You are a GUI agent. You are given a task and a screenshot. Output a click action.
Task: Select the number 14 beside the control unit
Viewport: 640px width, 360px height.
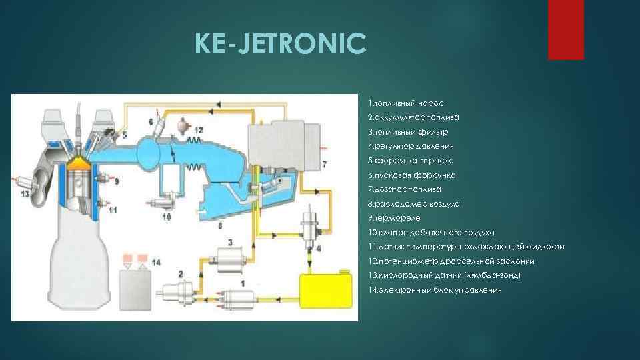click(156, 263)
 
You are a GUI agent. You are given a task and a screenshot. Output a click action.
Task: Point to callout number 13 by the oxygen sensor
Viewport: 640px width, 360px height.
click(25, 194)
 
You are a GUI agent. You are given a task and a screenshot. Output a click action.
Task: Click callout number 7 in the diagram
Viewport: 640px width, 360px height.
click(324, 163)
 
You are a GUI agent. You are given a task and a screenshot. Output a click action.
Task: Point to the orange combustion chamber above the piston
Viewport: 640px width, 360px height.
click(80, 163)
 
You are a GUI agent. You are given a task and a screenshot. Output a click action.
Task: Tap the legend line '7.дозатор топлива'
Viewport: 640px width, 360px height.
click(403, 189)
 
